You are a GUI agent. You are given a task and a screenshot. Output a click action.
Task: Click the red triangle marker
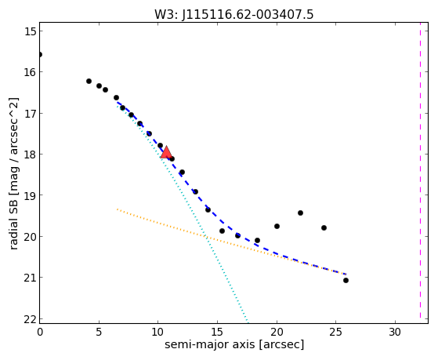point(166,152)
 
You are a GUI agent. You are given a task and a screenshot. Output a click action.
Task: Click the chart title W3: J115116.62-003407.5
point(234,15)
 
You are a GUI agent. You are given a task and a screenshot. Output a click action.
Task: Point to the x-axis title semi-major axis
point(209,344)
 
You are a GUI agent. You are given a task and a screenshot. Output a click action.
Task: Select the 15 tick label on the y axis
point(31,31)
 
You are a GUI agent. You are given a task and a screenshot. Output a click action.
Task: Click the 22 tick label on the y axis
point(31,319)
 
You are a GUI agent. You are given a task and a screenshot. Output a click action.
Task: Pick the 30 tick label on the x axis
point(395,332)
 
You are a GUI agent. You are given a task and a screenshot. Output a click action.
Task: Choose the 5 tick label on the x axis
point(99,332)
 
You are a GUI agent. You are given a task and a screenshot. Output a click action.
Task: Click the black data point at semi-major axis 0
point(40,54)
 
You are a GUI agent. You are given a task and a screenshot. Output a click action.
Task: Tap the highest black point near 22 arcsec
point(300,213)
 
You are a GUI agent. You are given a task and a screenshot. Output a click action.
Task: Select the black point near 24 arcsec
point(324,227)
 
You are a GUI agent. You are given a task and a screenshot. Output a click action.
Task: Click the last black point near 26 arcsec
point(346,280)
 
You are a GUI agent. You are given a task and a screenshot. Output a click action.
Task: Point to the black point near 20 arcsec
point(277,226)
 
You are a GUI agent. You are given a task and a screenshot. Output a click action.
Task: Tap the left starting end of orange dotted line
point(118,209)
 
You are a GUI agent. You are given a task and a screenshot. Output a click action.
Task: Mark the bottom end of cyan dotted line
point(248,322)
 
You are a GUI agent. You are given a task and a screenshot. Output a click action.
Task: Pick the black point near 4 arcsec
point(89,81)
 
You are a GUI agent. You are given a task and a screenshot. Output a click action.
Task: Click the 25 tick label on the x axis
point(335,332)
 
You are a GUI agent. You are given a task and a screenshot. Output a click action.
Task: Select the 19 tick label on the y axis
point(31,195)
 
